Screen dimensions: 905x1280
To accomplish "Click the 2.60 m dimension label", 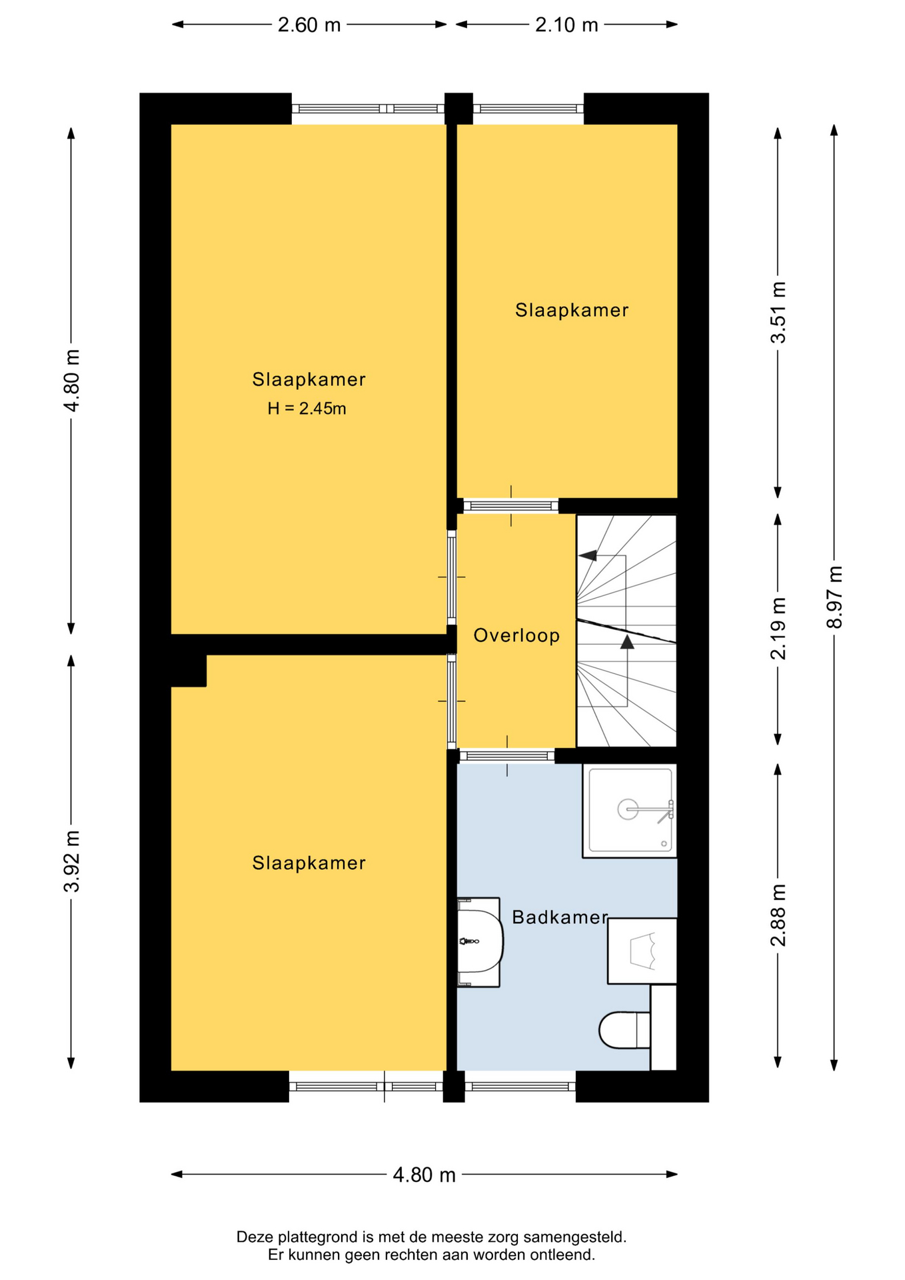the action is (309, 25).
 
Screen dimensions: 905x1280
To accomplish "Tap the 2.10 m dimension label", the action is (566, 25).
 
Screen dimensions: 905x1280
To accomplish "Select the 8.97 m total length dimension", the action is (834, 597).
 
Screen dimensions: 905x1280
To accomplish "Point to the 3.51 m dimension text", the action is (778, 313).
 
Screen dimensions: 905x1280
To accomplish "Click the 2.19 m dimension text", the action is (778, 629).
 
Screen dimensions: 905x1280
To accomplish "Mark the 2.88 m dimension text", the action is (778, 915).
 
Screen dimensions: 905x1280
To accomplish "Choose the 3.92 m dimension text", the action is (71, 861).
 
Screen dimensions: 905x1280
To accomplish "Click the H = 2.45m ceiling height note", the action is (307, 409).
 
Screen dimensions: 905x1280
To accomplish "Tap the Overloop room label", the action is (516, 636).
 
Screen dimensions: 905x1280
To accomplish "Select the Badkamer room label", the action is (560, 917).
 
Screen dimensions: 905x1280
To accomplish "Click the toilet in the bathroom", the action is (624, 1030).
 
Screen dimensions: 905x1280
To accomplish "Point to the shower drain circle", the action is (628, 809).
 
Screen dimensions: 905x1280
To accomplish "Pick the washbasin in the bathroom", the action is (480, 941).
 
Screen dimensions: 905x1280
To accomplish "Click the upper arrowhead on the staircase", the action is (587, 555).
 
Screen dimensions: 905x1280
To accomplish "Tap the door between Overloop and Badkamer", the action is (507, 756).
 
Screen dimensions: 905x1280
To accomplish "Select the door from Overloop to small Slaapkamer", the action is (511, 506).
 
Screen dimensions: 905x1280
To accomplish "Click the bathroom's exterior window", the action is (520, 1087).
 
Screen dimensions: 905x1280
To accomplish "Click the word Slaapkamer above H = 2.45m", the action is (309, 380).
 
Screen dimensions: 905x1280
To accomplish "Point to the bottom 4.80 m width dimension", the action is (424, 1175).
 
